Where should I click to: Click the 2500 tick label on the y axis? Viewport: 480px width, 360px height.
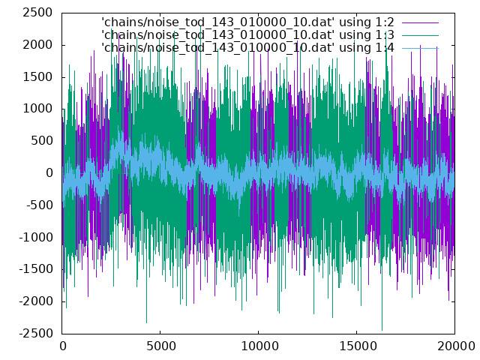tap(37, 13)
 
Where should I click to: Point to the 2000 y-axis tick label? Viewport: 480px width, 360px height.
tap(37, 45)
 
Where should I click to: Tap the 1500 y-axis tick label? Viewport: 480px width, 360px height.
tap(37, 76)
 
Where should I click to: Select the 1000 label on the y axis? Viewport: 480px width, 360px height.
tap(37, 109)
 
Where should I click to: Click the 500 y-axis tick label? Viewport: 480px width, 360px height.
tap(42, 141)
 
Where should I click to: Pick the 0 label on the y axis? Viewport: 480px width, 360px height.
tap(49, 173)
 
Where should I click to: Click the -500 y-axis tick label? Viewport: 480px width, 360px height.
tap(40, 205)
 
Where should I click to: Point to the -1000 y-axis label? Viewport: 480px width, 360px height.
tap(36, 237)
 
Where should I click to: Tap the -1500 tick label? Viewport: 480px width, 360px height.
tap(36, 269)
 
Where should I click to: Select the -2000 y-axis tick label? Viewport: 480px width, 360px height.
tap(36, 301)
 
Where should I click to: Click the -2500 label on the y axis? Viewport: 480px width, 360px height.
tap(36, 333)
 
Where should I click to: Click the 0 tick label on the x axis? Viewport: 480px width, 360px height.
tap(63, 346)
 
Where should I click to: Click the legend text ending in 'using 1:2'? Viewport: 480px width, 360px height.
tap(247, 22)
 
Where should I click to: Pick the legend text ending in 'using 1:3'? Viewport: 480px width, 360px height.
tap(247, 35)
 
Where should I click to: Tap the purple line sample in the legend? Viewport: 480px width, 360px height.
tap(420, 22)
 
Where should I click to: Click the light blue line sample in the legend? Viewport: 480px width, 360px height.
tap(420, 48)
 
